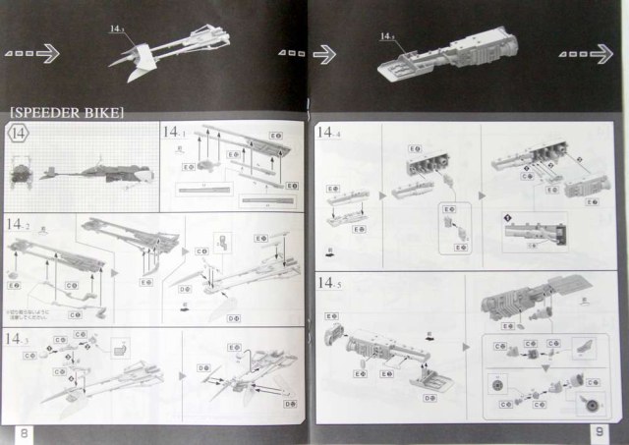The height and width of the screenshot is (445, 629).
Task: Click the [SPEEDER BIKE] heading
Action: point(66,111)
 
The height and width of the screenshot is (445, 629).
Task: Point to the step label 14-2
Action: point(19,224)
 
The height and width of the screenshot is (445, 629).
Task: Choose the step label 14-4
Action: point(328,134)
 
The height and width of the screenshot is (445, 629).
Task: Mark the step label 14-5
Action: point(328,283)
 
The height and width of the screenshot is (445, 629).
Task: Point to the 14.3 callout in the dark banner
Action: point(119,30)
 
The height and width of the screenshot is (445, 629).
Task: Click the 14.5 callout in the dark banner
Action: point(386,36)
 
